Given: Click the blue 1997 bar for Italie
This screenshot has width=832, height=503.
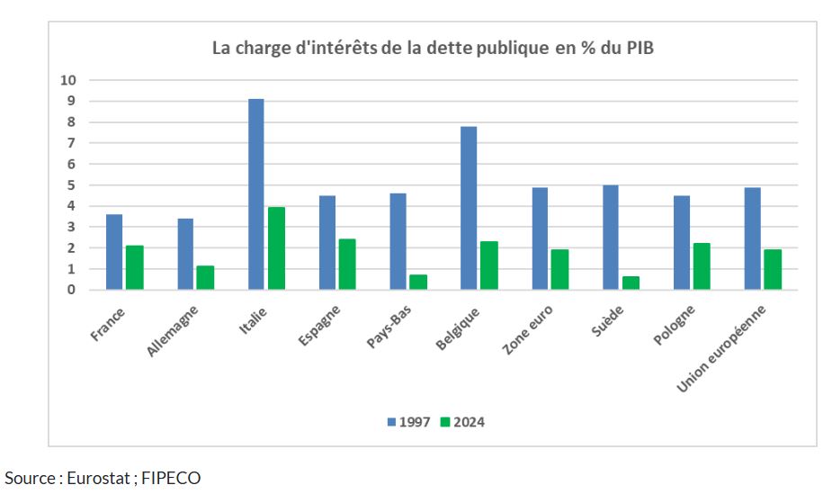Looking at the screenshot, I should coord(256,194).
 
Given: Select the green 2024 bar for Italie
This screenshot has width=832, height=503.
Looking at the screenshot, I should coord(276,248).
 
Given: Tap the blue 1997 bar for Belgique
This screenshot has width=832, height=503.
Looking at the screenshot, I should coord(469,208).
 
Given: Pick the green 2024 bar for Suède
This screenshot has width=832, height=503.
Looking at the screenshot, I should coord(631,283).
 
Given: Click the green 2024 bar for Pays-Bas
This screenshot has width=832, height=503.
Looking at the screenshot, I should coord(418,282).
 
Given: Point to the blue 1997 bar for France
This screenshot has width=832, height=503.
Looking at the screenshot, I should coord(114,252).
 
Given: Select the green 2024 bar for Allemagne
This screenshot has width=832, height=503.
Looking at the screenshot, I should coord(205,277).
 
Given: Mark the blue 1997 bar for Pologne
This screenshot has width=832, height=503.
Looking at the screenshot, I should coord(682,242).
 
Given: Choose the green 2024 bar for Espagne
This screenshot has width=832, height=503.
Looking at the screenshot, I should coord(347,264).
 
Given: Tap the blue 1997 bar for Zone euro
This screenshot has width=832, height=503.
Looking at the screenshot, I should coord(540,238).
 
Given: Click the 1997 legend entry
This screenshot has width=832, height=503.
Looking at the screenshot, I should coord(409,421).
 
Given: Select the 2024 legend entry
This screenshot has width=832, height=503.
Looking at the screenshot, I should coord(462,421).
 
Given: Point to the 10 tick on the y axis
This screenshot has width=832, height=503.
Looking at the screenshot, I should coord(69,80).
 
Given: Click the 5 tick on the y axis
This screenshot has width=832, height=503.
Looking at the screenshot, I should coord(72,185).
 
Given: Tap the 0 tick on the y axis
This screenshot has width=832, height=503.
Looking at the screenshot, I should coord(72,290).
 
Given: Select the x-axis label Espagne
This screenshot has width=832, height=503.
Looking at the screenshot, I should coord(320,326).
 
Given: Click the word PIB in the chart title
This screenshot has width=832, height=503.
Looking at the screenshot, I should coord(638,48).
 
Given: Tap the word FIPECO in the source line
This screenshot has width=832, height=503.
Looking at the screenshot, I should coord(171,478).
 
